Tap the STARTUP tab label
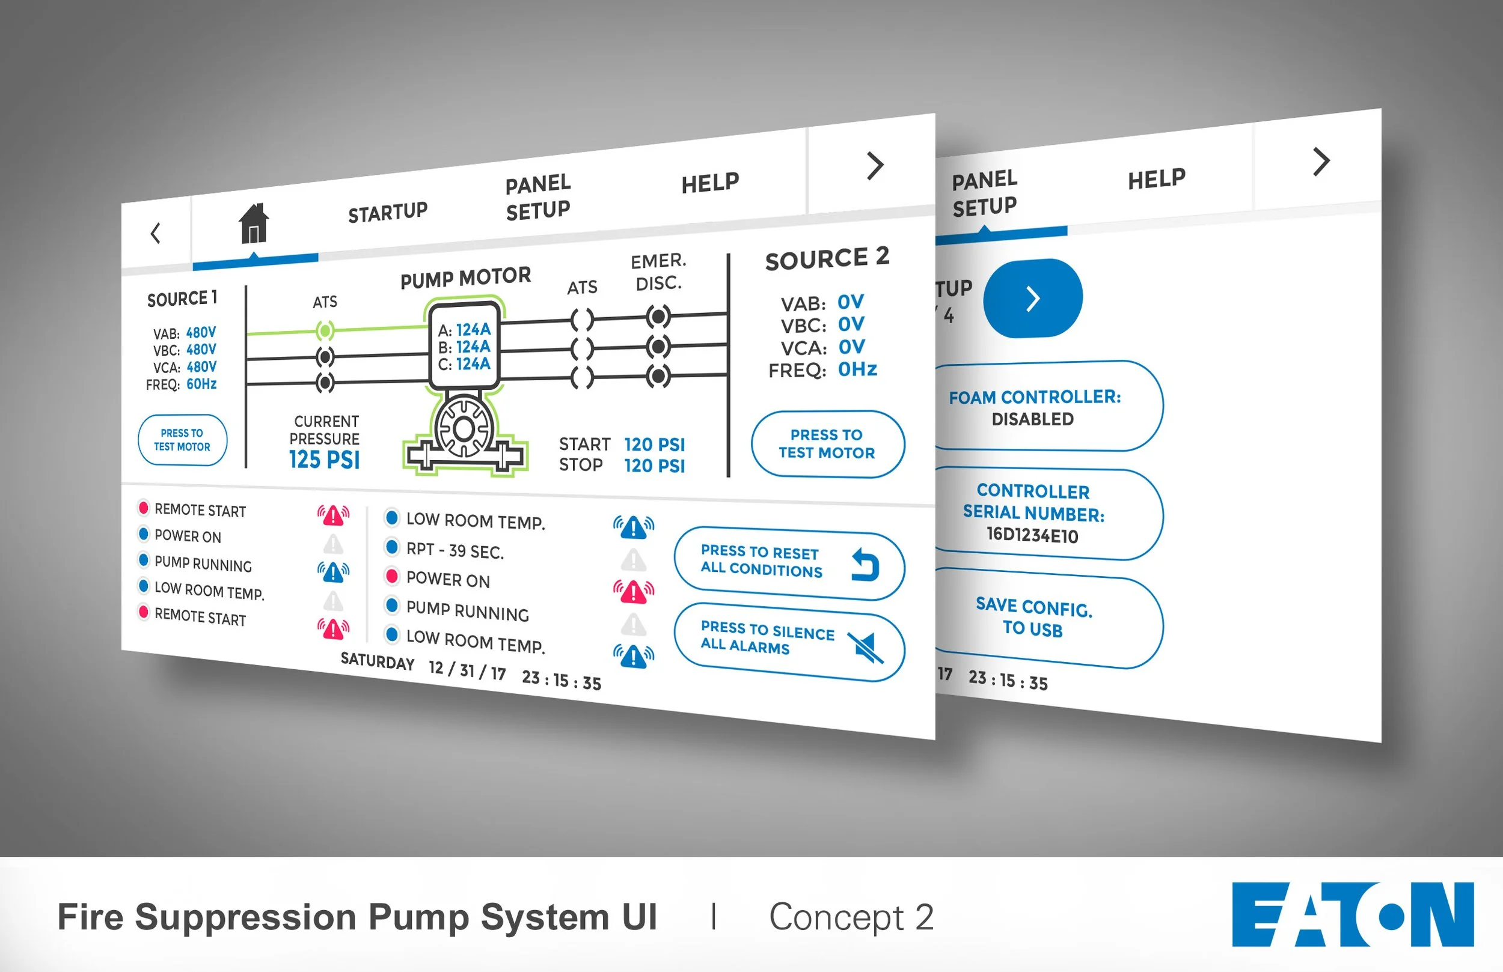[x=388, y=212]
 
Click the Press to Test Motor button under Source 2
[x=827, y=444]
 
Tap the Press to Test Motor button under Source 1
[x=182, y=440]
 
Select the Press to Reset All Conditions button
[x=789, y=563]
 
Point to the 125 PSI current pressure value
[x=325, y=460]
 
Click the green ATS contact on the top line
[x=325, y=330]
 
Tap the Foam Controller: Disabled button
[x=1042, y=407]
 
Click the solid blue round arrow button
[x=1032, y=299]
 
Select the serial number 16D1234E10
[x=1032, y=535]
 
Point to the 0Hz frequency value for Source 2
[x=857, y=369]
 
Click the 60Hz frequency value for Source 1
[x=201, y=384]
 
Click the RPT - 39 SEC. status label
[x=455, y=551]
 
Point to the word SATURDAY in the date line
[x=377, y=661]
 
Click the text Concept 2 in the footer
[x=851, y=917]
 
